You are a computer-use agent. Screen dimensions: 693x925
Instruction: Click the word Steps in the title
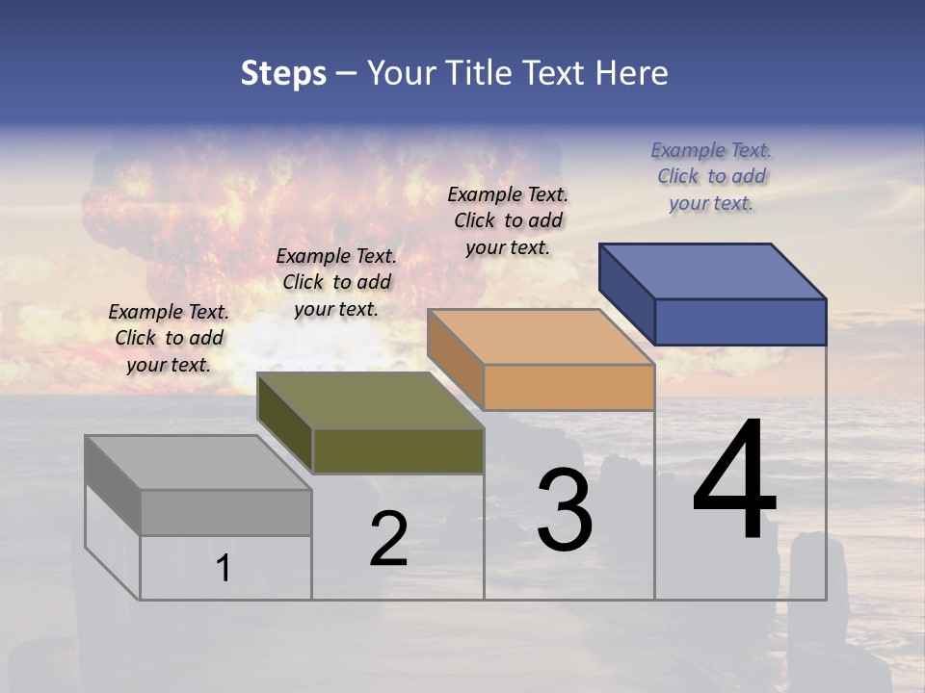(283, 73)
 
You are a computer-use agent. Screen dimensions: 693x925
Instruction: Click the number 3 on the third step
(565, 510)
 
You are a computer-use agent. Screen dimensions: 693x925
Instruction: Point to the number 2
(389, 539)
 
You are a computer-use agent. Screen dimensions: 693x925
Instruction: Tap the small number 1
(224, 568)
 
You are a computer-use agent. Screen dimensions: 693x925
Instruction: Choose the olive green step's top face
(370, 400)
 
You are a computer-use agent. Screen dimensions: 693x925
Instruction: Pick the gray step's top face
(198, 463)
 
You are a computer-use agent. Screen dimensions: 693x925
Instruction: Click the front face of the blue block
(740, 321)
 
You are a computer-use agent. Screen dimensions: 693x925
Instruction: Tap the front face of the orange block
(568, 388)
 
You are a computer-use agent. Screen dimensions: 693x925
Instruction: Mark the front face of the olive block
(398, 451)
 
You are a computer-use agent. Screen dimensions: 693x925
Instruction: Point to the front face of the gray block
(225, 513)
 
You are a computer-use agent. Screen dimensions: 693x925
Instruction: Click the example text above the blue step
(711, 177)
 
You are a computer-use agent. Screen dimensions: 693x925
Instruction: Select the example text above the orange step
(508, 220)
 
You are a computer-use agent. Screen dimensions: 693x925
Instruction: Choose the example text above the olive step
(336, 282)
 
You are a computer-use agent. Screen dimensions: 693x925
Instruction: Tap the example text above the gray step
(169, 338)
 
